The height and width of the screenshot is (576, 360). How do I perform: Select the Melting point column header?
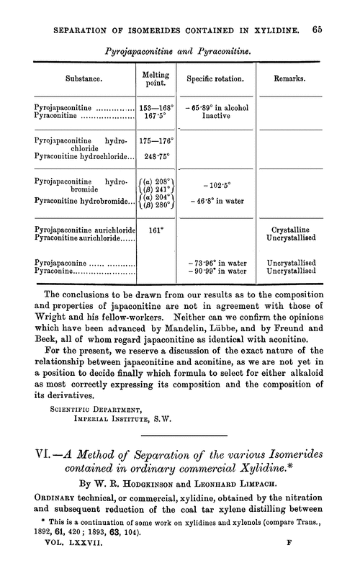tap(157, 76)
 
